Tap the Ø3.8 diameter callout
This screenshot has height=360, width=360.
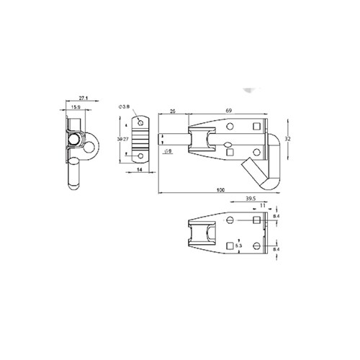pos(125,107)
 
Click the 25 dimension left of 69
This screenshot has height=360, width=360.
pos(173,111)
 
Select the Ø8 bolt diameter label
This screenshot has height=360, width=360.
pos(167,151)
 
